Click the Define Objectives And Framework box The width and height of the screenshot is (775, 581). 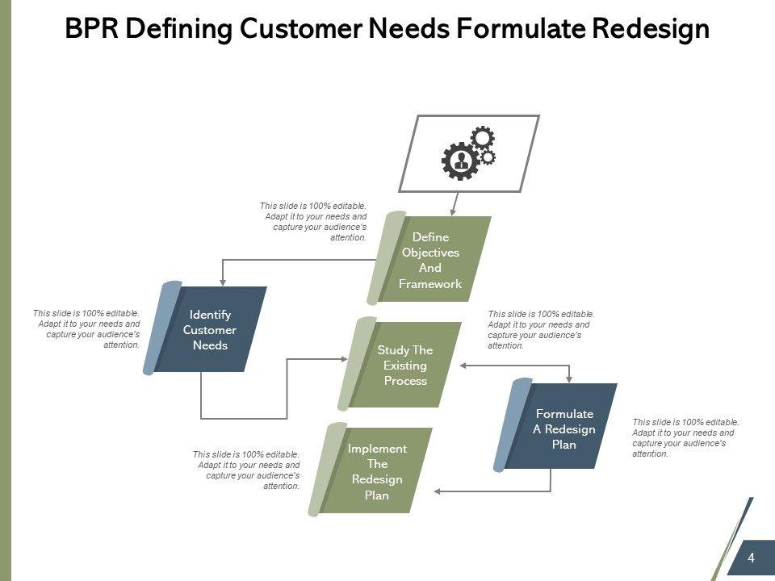(431, 260)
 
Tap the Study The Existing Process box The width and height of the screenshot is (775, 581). (404, 365)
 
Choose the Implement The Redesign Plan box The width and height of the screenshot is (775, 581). (376, 471)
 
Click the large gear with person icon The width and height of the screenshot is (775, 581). (460, 160)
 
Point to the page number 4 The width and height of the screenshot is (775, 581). (751, 558)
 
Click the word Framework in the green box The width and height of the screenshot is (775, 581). (430, 284)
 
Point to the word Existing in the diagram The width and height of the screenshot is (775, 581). (405, 366)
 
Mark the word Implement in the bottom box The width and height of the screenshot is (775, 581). (377, 449)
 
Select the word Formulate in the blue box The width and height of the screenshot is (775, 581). (564, 414)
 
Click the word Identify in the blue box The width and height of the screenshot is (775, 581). (210, 314)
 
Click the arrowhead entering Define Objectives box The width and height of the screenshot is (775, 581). (453, 212)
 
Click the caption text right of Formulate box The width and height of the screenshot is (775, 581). (685, 437)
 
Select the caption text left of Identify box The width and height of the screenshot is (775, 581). (87, 329)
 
